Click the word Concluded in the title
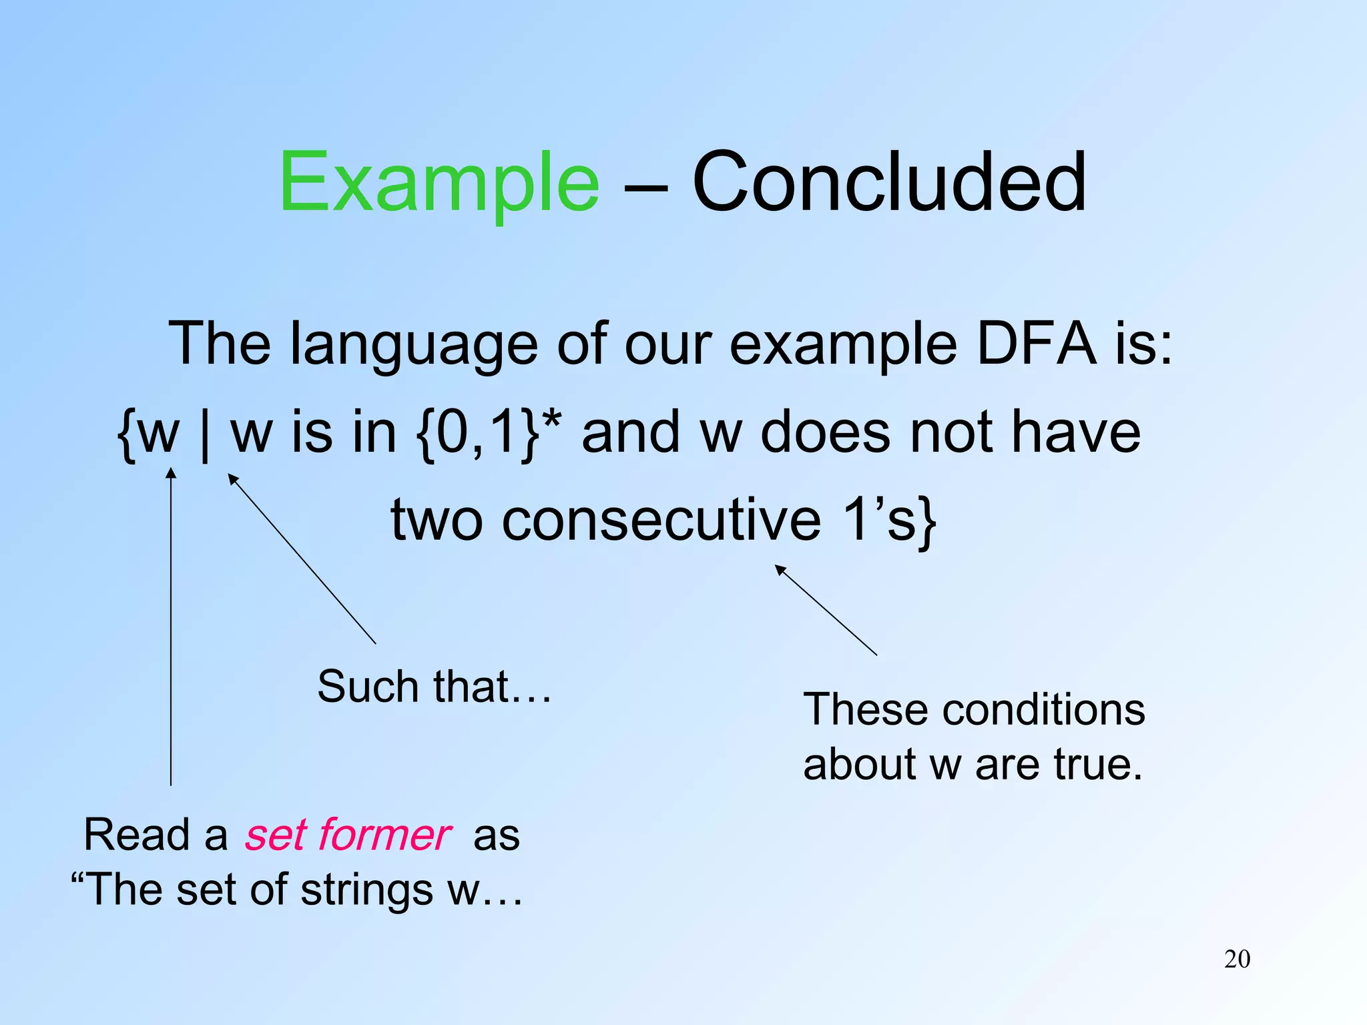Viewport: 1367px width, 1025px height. coord(889,182)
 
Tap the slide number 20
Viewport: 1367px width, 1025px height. coord(1237,959)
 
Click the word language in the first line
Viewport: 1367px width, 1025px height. coord(414,346)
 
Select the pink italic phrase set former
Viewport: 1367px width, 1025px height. coord(348,835)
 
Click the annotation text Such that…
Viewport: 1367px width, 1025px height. coord(435,687)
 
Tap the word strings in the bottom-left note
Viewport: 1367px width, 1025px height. coord(366,890)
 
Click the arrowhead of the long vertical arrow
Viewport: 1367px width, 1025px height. coord(171,472)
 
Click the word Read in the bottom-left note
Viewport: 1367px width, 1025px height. coord(137,835)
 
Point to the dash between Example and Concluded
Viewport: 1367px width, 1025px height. coord(645,187)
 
